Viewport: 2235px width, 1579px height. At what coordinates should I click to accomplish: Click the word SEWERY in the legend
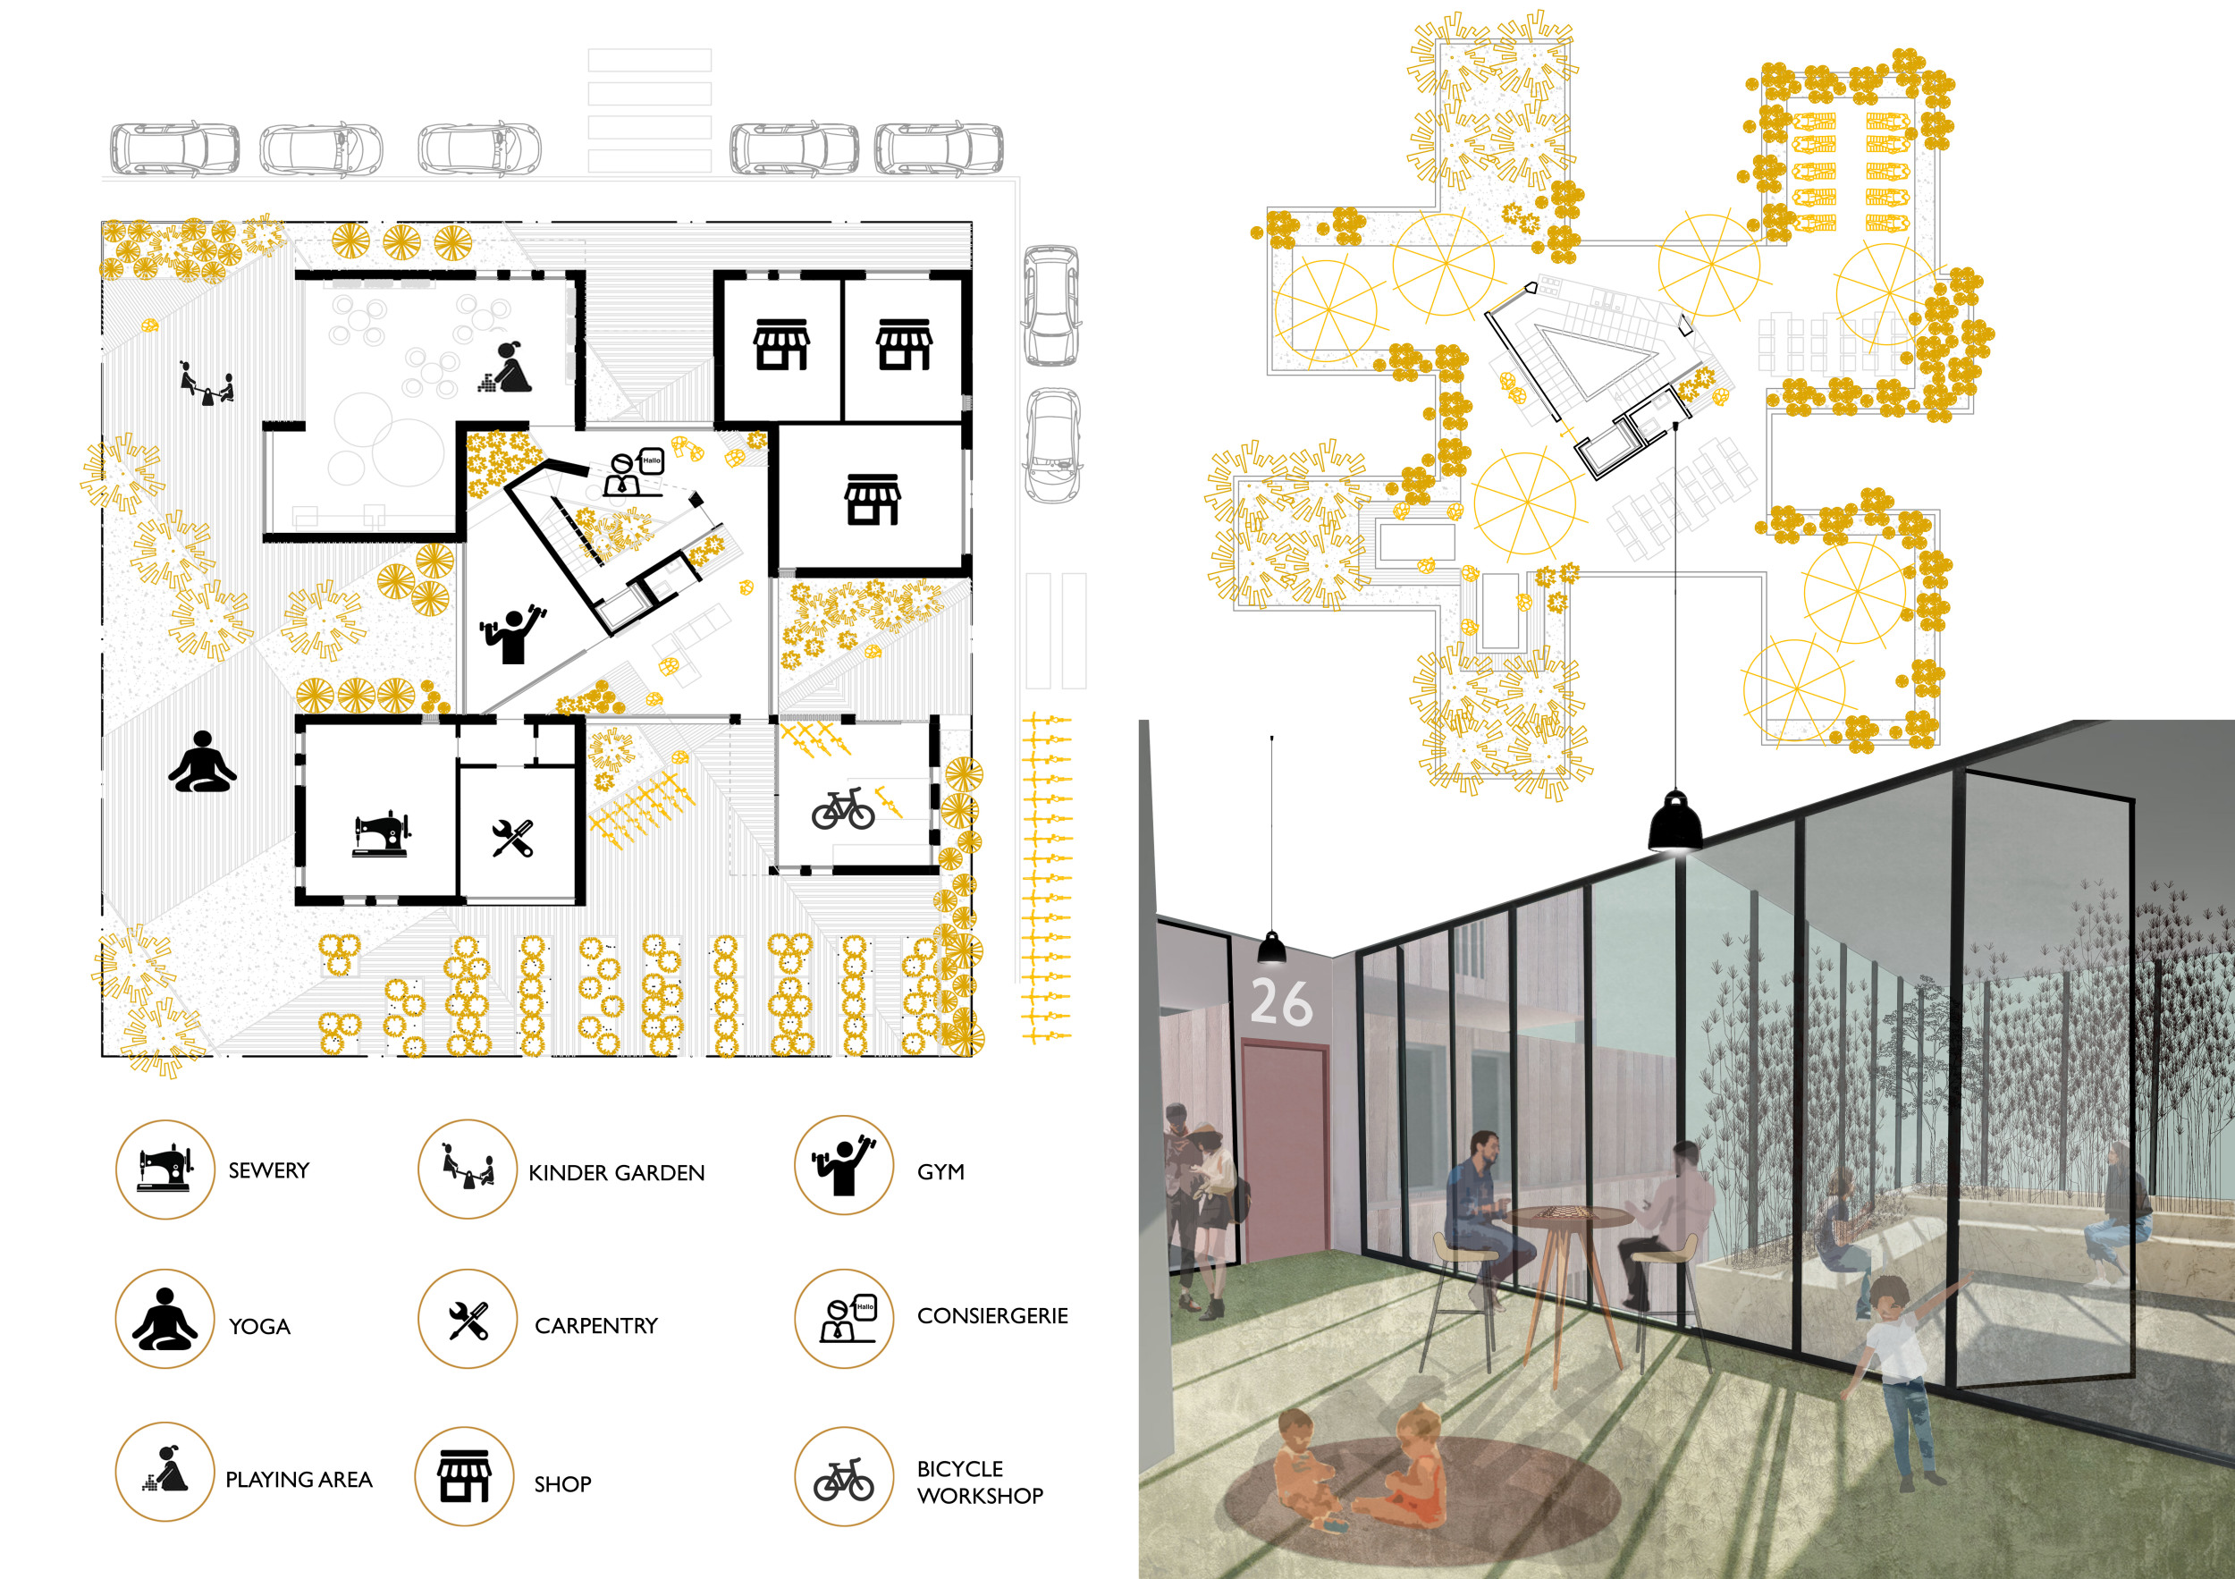pyautogui.click(x=269, y=1170)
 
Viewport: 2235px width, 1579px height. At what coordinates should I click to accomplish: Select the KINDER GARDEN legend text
pyautogui.click(x=616, y=1173)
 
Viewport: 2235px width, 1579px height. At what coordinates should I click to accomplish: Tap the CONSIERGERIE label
pyautogui.click(x=992, y=1316)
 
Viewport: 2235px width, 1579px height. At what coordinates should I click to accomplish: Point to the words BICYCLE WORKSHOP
pyautogui.click(x=979, y=1482)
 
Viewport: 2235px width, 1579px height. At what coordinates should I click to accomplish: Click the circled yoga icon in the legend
pyautogui.click(x=164, y=1319)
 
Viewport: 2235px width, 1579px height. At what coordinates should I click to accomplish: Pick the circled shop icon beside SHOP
pyautogui.click(x=464, y=1477)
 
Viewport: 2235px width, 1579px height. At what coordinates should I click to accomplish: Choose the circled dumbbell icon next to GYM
pyautogui.click(x=844, y=1165)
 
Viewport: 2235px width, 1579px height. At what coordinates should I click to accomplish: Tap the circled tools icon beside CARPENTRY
pyautogui.click(x=468, y=1319)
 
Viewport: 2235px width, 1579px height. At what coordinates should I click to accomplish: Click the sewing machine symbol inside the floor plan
pyautogui.click(x=382, y=834)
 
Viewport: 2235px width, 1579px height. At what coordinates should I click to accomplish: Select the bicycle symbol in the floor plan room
pyautogui.click(x=843, y=809)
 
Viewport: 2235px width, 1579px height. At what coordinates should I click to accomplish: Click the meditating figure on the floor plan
pyautogui.click(x=202, y=763)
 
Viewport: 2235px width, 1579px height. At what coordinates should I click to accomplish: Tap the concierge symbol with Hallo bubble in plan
pyautogui.click(x=634, y=473)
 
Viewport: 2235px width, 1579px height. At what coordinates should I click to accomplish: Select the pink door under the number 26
pyautogui.click(x=1285, y=1149)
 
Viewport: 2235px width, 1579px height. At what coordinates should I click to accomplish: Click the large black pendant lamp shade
pyautogui.click(x=1675, y=822)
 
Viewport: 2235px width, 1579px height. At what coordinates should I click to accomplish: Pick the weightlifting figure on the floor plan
pyautogui.click(x=512, y=634)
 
